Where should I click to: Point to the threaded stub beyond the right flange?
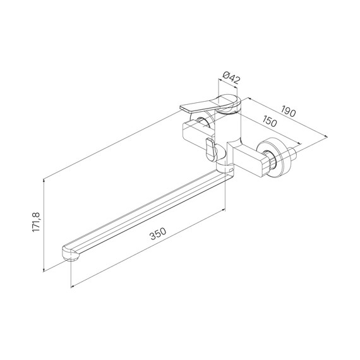click(x=296, y=153)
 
